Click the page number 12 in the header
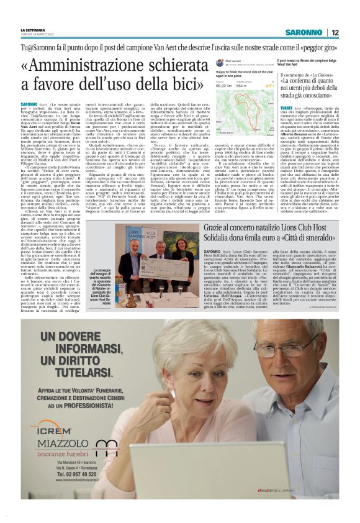335,32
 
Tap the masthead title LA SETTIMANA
33,29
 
